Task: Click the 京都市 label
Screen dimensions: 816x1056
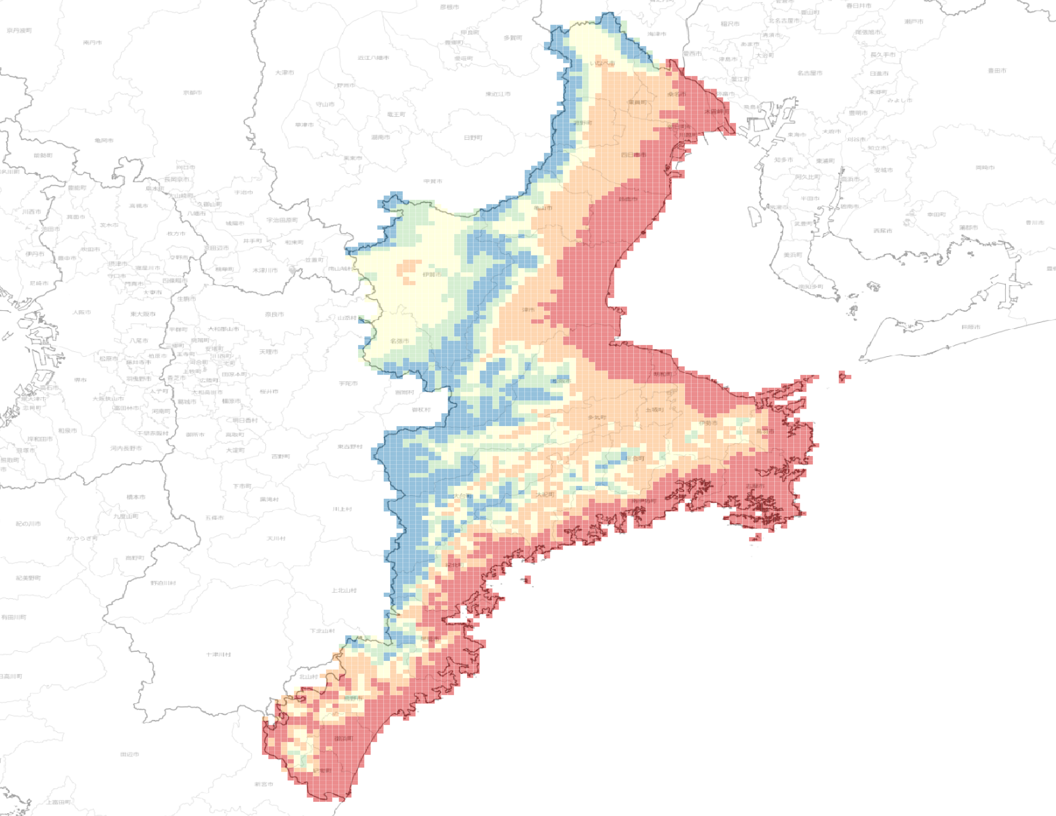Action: pyautogui.click(x=192, y=92)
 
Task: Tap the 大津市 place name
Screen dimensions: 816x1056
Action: pyautogui.click(x=284, y=72)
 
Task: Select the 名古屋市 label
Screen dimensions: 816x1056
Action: pyautogui.click(x=810, y=73)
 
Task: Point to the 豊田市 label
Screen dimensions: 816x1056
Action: pyautogui.click(x=997, y=71)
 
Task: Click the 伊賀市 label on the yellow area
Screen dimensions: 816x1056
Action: pyautogui.click(x=432, y=274)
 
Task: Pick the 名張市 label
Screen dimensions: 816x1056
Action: pyautogui.click(x=399, y=341)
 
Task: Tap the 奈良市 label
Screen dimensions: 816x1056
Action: pyautogui.click(x=274, y=314)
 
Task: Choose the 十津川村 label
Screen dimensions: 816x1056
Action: pyautogui.click(x=219, y=655)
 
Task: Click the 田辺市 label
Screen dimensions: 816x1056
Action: pyautogui.click(x=129, y=754)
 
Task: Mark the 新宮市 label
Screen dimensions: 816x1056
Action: pyautogui.click(x=264, y=784)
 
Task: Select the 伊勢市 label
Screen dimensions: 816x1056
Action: pyautogui.click(x=708, y=423)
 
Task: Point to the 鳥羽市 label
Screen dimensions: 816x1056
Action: pyautogui.click(x=765, y=431)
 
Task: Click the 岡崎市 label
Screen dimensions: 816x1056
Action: pyautogui.click(x=985, y=168)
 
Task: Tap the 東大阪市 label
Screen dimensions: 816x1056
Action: pyautogui.click(x=143, y=314)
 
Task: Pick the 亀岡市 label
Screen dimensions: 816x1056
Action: pyautogui.click(x=104, y=141)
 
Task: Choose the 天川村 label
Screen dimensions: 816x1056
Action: pyautogui.click(x=276, y=538)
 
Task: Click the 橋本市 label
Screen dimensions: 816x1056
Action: pyautogui.click(x=136, y=497)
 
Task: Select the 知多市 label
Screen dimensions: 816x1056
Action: pyautogui.click(x=783, y=159)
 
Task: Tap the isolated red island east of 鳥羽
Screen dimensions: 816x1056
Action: pyautogui.click(x=844, y=376)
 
